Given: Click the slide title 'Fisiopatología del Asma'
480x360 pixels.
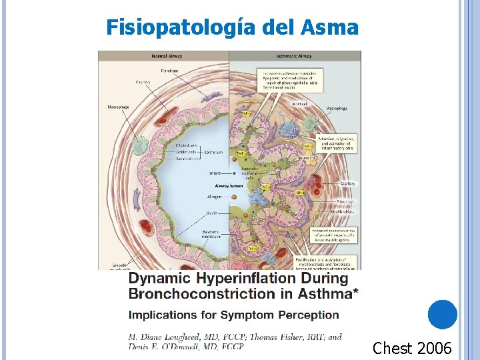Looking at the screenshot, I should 232,28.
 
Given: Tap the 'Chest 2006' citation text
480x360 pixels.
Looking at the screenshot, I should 412,348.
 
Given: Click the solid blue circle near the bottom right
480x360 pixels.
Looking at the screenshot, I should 443,315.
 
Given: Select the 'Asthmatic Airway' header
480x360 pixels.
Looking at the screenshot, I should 294,56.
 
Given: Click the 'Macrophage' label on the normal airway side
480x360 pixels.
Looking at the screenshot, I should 118,107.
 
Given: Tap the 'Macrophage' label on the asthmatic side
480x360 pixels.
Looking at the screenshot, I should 337,108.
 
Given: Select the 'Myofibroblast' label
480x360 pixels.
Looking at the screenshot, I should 342,212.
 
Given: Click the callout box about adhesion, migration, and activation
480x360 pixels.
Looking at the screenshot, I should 337,143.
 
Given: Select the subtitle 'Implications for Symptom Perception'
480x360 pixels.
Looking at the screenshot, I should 233,315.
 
